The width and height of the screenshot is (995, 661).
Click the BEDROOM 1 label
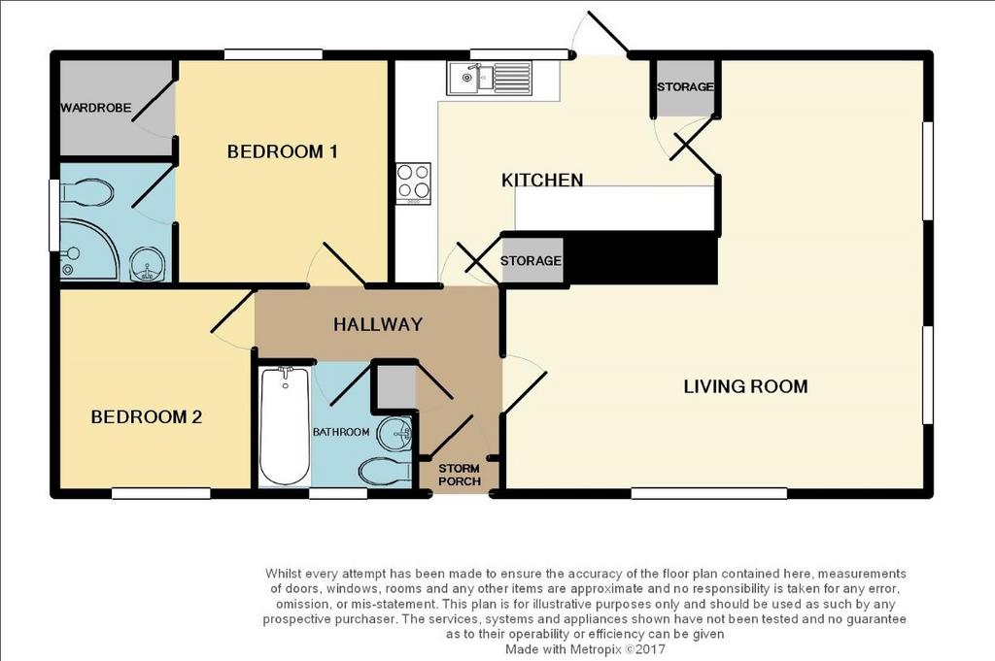[x=282, y=152]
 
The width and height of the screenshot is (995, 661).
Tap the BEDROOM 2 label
[x=147, y=417]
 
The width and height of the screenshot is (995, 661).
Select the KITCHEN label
[x=542, y=181]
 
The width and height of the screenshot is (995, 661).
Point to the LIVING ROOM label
[x=745, y=386]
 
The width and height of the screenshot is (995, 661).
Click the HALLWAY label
[x=378, y=324]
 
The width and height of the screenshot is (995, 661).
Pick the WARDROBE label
[x=96, y=109]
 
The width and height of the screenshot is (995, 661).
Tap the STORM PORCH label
[x=460, y=475]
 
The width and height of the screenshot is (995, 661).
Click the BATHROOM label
[x=341, y=432]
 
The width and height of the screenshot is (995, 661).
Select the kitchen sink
[x=489, y=79]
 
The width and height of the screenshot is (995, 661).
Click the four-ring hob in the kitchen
[x=413, y=183]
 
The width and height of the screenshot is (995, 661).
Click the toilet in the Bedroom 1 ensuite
[x=86, y=192]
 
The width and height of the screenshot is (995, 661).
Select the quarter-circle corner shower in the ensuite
[x=87, y=249]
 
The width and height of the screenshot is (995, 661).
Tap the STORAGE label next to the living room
[x=685, y=86]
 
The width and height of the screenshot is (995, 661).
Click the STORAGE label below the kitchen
[x=531, y=261]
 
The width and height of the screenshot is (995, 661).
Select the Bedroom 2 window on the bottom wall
[x=161, y=493]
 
